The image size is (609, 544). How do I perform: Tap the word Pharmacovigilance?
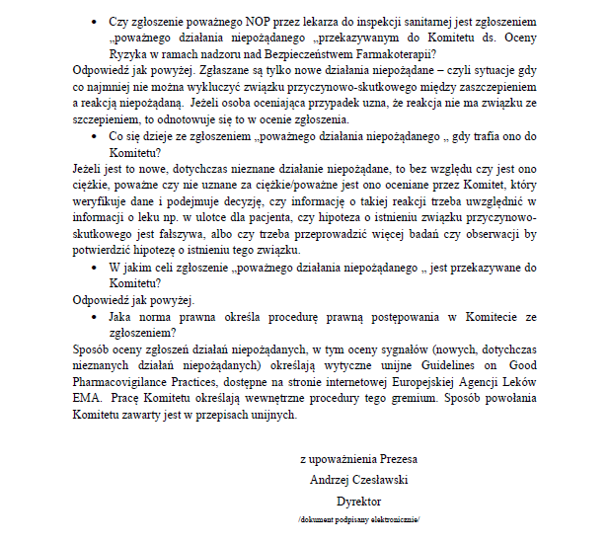(128, 382)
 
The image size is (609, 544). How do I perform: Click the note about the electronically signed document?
(358, 518)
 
